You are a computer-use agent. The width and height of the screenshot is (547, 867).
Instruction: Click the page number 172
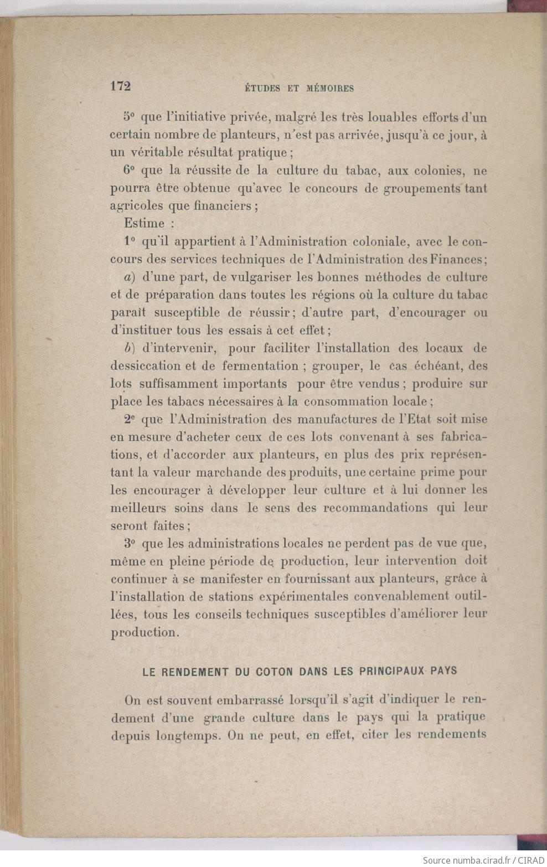pyautogui.click(x=120, y=86)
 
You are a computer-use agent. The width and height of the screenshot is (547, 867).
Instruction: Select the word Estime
pyautogui.click(x=145, y=224)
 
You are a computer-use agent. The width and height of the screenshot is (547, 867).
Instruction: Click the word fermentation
pyautogui.click(x=260, y=366)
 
